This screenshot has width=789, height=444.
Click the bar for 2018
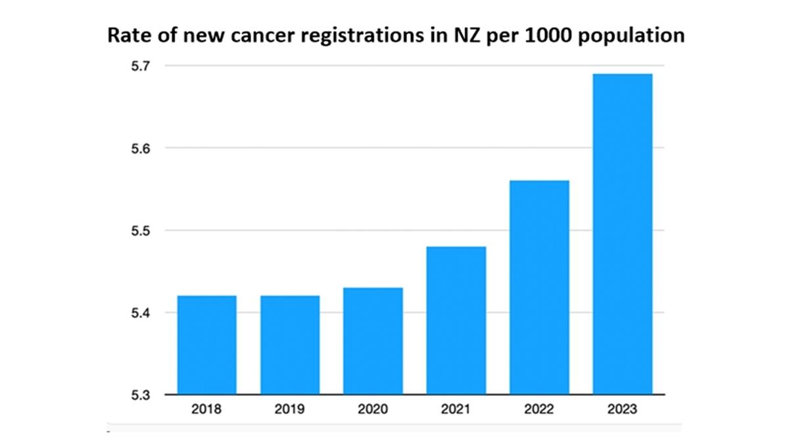tap(206, 345)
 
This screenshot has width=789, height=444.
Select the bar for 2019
tap(290, 345)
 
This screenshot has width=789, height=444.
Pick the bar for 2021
tap(456, 320)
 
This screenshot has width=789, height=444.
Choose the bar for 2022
tap(539, 287)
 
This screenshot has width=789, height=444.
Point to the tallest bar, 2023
tap(622, 234)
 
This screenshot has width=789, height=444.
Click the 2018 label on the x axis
tap(206, 409)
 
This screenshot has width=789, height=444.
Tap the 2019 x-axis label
tap(290, 409)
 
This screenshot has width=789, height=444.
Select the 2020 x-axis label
tap(373, 409)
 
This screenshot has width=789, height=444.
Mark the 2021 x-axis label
tap(456, 409)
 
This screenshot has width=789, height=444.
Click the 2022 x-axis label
tap(539, 409)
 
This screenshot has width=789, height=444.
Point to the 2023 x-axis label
tap(622, 409)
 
